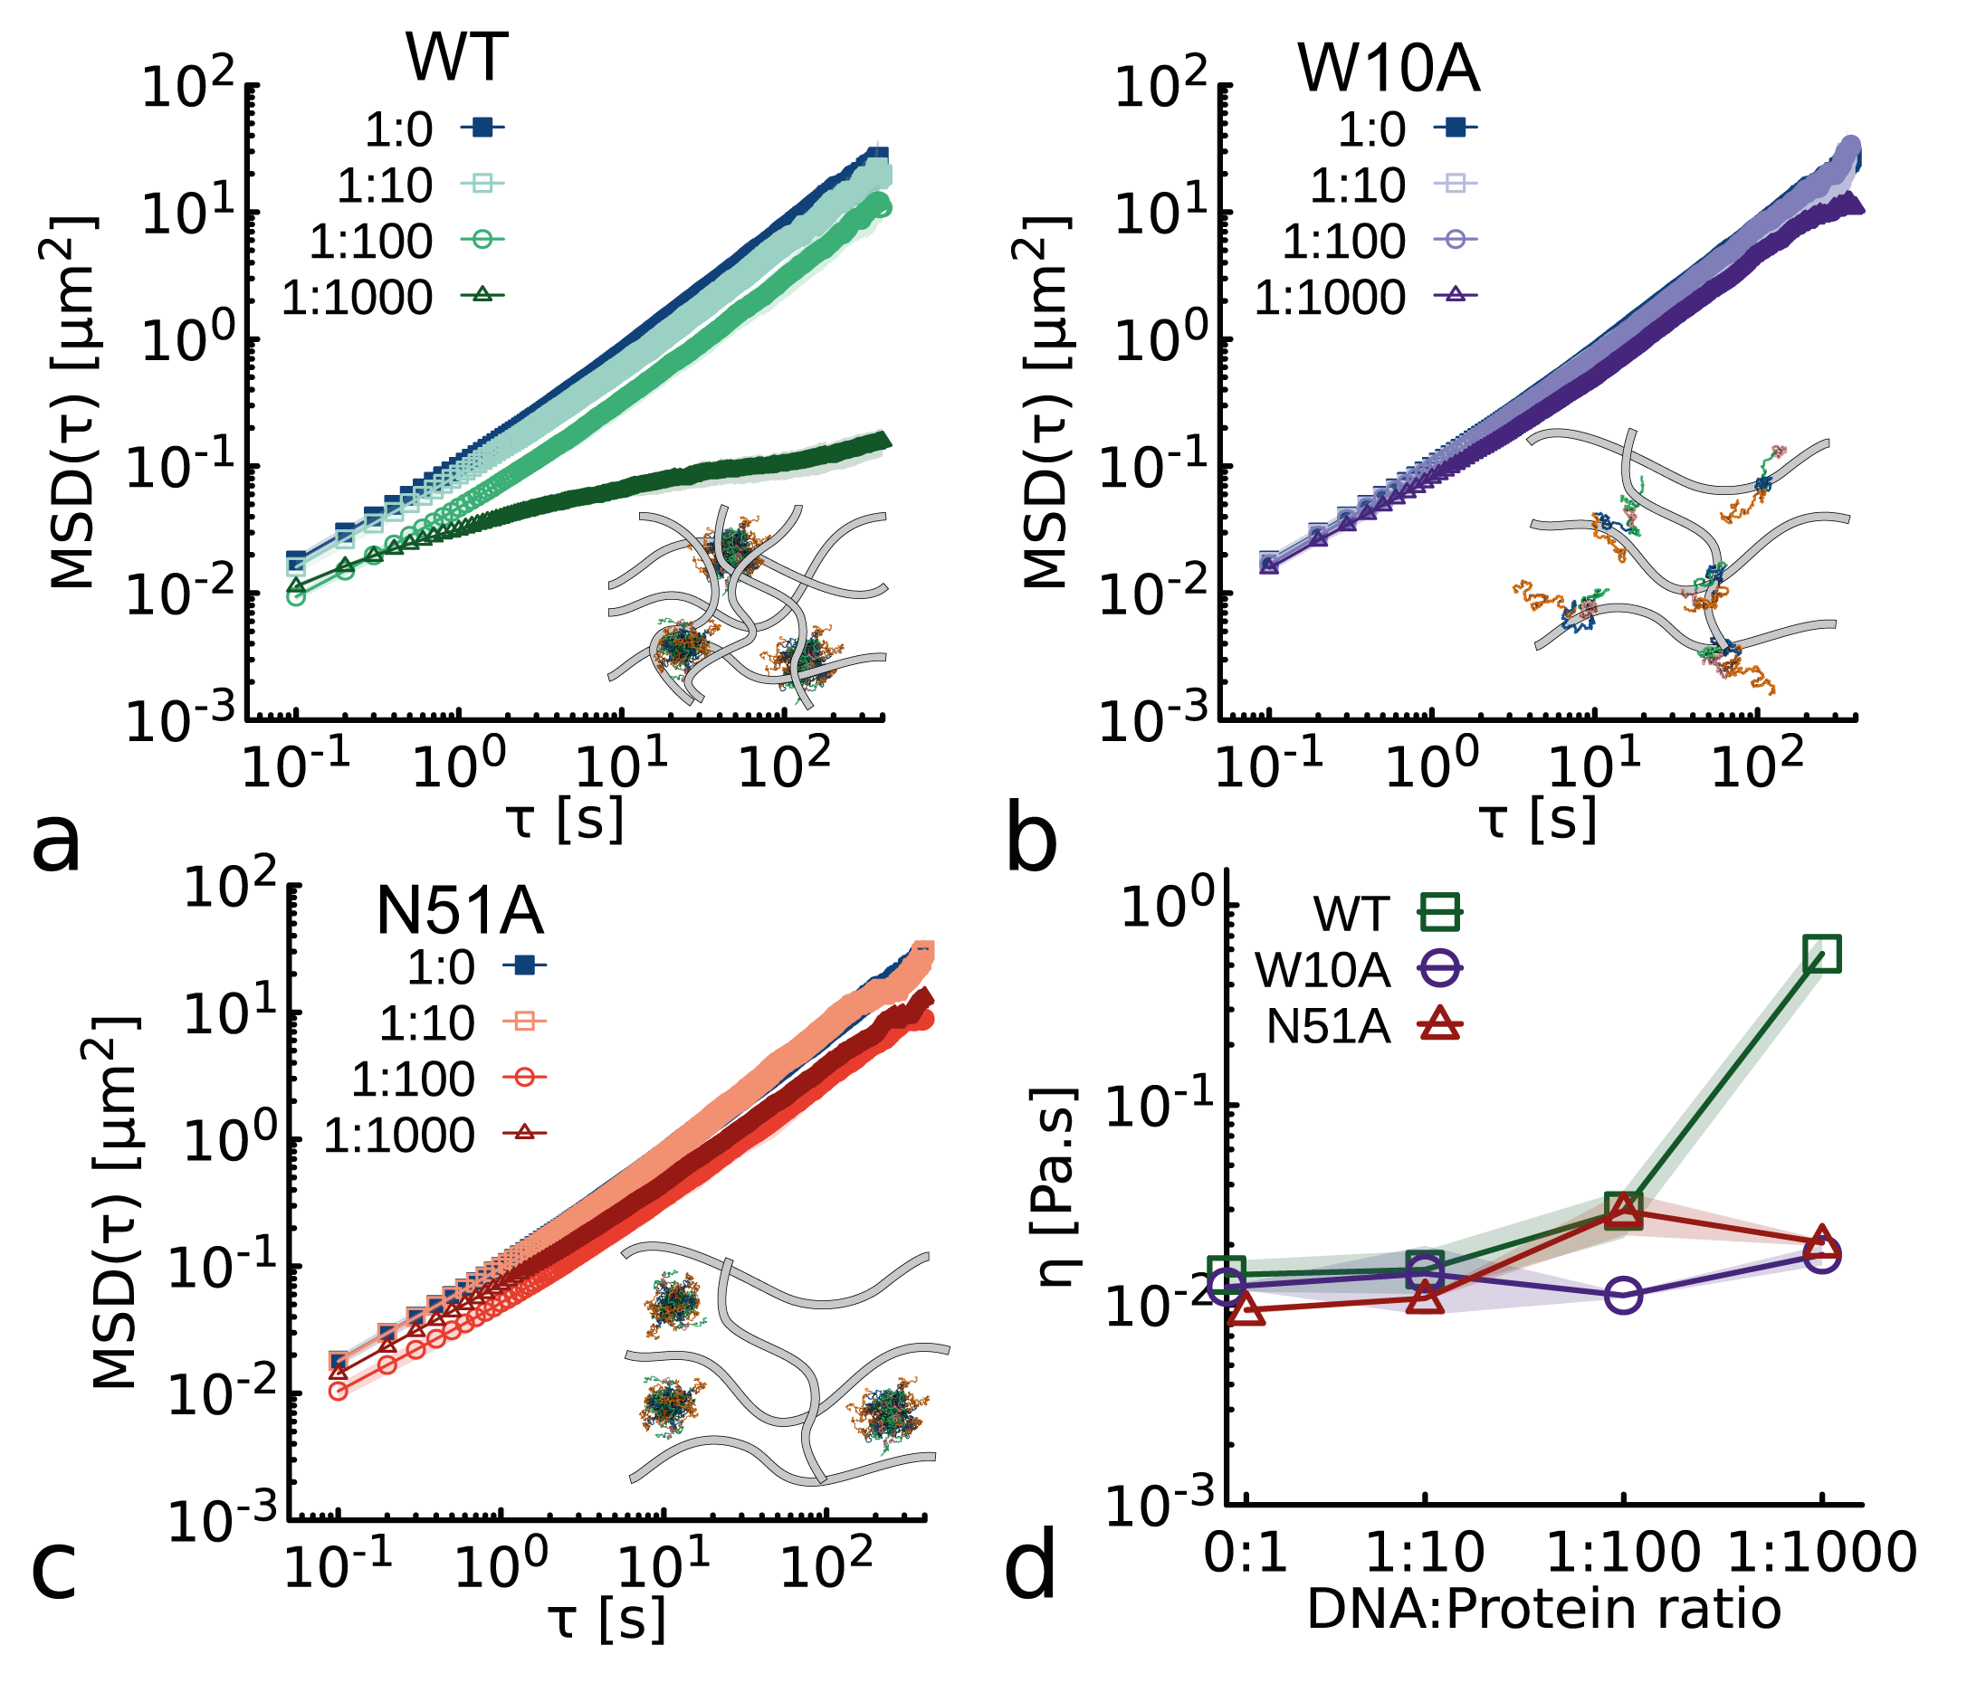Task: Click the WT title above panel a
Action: click(456, 59)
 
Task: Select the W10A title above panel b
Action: click(1388, 69)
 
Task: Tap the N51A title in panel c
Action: click(459, 911)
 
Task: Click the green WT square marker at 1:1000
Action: click(1822, 954)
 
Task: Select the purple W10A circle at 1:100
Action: click(1623, 1295)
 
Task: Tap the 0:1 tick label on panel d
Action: click(1246, 1553)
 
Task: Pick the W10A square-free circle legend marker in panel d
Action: click(1440, 969)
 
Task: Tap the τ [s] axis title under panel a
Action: click(565, 819)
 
